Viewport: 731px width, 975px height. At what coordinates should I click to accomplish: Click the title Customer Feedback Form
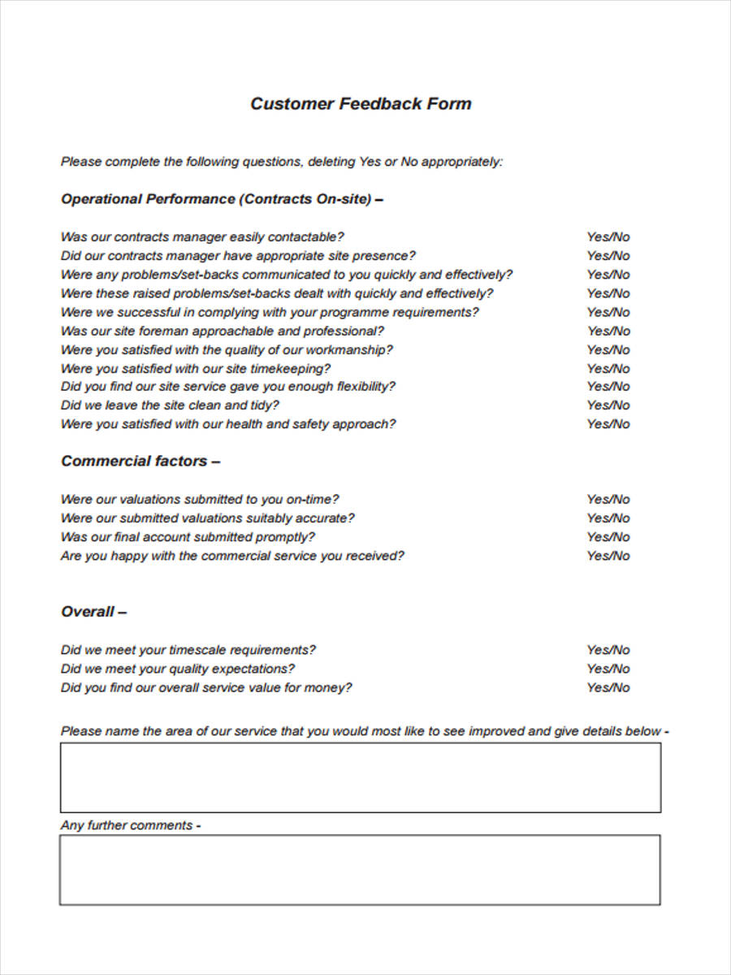361,104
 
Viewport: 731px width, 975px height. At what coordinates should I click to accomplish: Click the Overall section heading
93,612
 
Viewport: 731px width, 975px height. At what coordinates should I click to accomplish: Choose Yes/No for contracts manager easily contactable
608,237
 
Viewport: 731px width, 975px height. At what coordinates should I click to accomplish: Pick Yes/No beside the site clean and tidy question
608,405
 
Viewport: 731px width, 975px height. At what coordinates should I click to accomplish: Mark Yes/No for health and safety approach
608,424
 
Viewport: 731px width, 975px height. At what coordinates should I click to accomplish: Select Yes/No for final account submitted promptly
608,537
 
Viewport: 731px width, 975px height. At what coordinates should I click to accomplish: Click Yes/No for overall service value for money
608,688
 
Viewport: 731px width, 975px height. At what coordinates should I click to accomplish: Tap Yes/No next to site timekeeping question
608,368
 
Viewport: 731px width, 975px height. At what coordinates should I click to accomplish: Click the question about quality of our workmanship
227,350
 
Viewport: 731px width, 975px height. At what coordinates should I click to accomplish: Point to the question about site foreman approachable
222,331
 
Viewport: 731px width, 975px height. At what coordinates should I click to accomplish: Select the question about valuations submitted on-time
200,500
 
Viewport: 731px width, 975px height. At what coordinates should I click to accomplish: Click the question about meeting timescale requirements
188,650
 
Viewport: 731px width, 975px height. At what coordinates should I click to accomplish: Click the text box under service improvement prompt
360,778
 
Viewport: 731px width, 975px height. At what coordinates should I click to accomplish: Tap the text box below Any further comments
360,870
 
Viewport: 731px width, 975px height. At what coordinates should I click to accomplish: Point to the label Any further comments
130,825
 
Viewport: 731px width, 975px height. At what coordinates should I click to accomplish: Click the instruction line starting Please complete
282,162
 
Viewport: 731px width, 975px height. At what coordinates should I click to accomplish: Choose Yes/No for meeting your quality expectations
608,669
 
